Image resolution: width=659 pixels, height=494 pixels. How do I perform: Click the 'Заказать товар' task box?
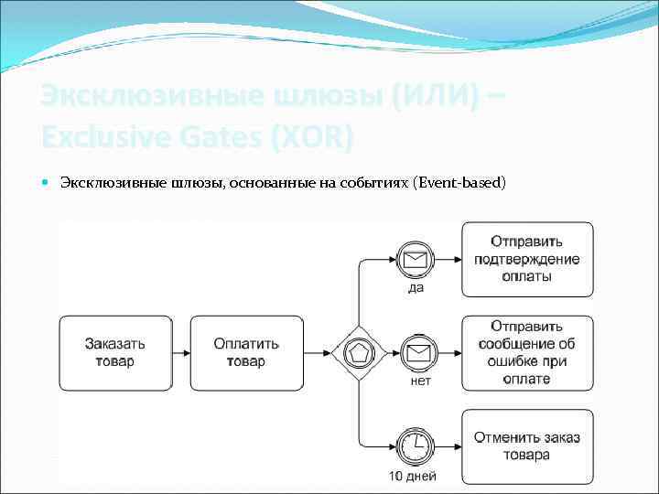115,353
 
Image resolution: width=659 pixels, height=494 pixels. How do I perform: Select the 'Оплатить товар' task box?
246,353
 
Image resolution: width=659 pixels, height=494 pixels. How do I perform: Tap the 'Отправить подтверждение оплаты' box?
527,259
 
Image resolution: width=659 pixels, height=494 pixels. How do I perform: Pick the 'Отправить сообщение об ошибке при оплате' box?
527,353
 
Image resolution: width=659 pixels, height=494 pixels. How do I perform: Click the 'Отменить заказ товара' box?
527,446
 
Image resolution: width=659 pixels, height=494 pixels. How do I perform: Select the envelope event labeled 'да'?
416,259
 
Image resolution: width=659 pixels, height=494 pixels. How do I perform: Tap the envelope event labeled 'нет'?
416,352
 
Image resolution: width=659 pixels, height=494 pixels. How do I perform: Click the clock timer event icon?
416,446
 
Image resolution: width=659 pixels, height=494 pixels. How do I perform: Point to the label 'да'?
416,287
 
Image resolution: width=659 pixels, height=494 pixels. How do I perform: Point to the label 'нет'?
420,381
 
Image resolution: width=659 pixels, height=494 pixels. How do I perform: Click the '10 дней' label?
412,476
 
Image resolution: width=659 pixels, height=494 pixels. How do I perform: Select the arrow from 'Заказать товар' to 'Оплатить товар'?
180,353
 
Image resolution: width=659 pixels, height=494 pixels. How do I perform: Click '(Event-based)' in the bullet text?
459,183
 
